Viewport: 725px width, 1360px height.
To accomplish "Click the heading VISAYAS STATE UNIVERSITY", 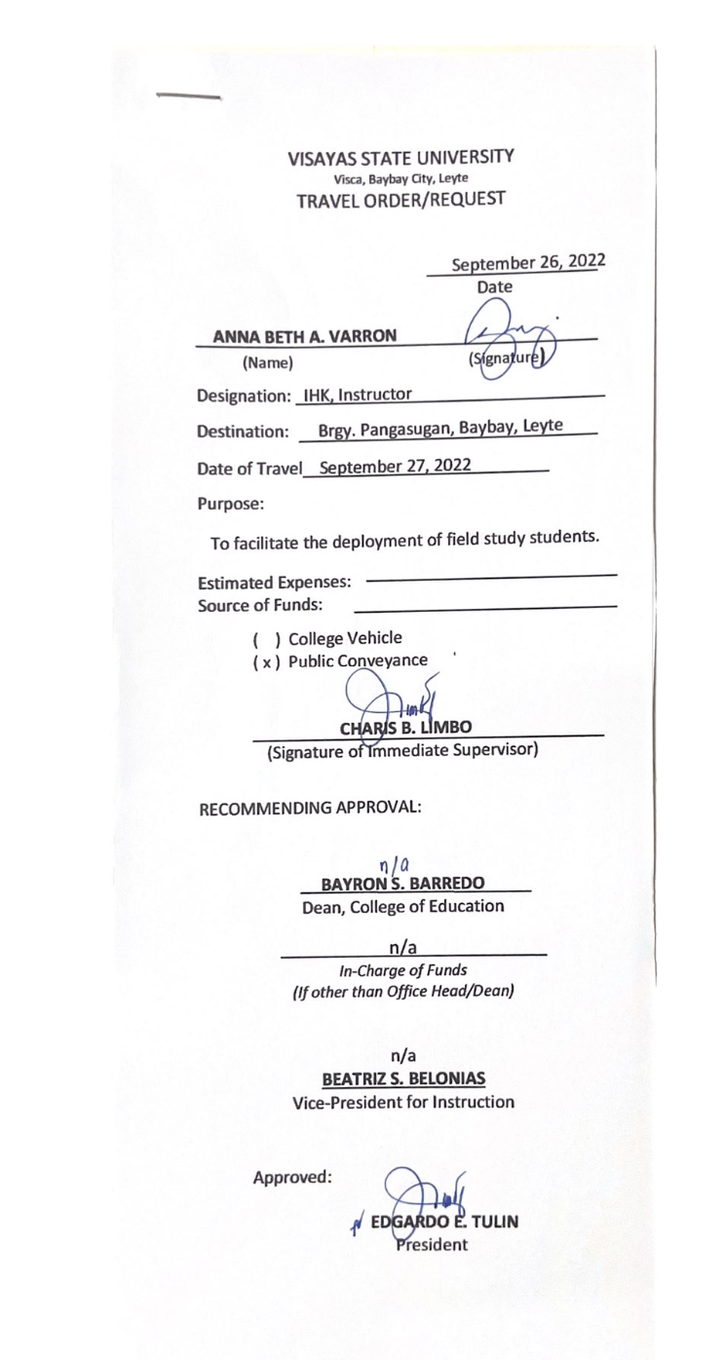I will pyautogui.click(x=401, y=158).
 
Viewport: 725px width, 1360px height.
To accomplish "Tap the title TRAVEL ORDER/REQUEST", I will pyautogui.click(x=401, y=200).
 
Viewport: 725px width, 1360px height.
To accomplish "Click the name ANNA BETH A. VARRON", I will pyautogui.click(x=304, y=336).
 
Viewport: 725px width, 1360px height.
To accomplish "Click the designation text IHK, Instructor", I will pyautogui.click(x=358, y=422).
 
